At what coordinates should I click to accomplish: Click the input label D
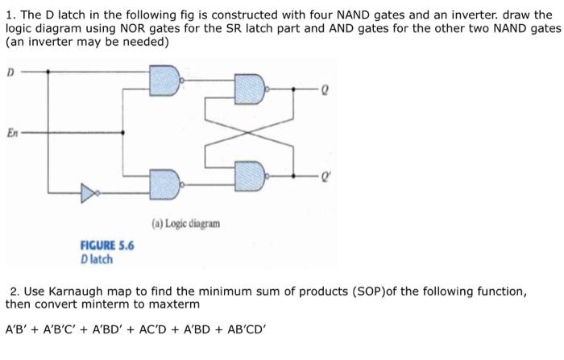click(10, 72)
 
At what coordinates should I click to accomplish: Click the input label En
click(12, 131)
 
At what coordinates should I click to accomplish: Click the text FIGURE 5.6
click(106, 246)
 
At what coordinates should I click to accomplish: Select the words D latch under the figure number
click(97, 259)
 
